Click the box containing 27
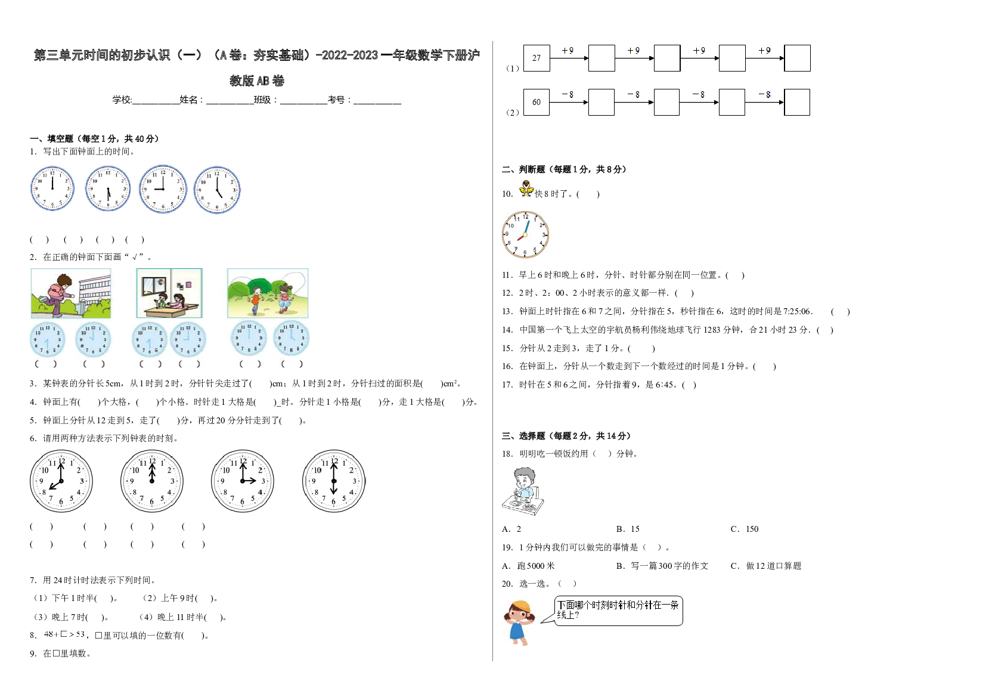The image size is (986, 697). (x=537, y=58)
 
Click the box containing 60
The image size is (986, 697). (x=537, y=102)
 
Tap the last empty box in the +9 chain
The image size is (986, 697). (x=797, y=58)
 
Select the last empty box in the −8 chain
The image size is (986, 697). (x=797, y=102)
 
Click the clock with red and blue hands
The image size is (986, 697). (x=525, y=234)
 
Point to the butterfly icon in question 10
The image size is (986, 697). (x=526, y=188)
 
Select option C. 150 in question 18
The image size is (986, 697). (x=745, y=529)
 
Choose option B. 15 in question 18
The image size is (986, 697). (x=628, y=529)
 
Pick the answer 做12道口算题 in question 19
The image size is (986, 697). (x=773, y=566)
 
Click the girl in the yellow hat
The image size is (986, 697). (x=519, y=622)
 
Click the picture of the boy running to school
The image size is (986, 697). (x=71, y=293)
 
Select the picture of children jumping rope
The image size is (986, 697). (x=268, y=293)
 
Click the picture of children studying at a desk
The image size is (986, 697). (x=169, y=293)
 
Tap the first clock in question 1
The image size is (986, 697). (x=52, y=188)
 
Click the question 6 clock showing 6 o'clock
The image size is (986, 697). (x=334, y=481)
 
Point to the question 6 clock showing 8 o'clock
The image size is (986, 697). (x=61, y=481)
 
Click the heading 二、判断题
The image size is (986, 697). (x=528, y=169)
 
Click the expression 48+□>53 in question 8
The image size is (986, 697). (x=64, y=634)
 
